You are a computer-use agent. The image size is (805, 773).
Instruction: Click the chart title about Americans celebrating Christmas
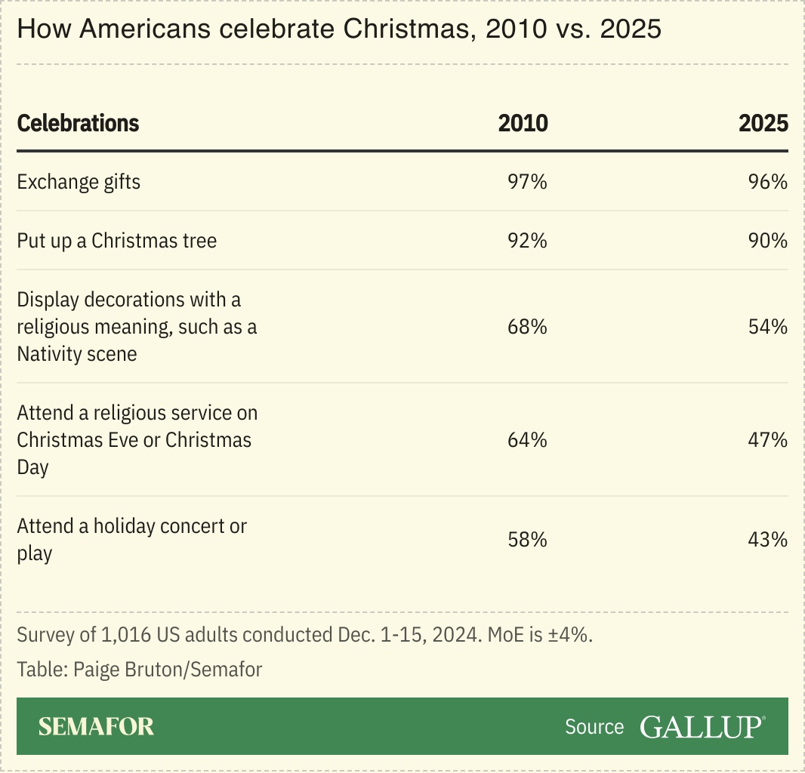[x=339, y=29]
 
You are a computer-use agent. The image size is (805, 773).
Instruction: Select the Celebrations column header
[x=78, y=123]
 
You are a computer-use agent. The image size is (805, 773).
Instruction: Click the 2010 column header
[x=523, y=123]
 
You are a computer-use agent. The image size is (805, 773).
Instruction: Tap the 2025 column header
[x=763, y=123]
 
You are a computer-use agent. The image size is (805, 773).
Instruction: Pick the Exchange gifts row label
[x=79, y=182]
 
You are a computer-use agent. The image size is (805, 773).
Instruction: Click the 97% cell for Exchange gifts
[x=527, y=182]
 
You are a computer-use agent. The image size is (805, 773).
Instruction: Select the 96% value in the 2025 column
[x=768, y=182]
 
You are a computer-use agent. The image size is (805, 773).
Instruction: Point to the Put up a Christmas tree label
[x=117, y=241]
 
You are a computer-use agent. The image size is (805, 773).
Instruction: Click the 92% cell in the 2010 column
[x=527, y=241]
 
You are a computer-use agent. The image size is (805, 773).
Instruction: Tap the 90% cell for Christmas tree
[x=768, y=241]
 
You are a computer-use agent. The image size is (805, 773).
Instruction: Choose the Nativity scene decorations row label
[x=137, y=327]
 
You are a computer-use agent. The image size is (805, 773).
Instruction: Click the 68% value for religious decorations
[x=527, y=327]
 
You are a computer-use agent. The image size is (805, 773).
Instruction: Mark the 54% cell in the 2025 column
[x=768, y=327]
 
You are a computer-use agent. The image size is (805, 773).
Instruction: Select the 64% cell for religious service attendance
[x=527, y=440]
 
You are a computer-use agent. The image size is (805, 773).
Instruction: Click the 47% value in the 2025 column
[x=768, y=440]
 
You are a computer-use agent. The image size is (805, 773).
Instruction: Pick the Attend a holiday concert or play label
[x=131, y=540]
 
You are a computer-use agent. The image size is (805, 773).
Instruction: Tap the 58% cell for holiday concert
[x=527, y=540]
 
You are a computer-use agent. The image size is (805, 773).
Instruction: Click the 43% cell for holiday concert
[x=768, y=540]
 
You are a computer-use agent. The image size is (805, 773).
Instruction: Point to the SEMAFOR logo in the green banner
[x=96, y=726]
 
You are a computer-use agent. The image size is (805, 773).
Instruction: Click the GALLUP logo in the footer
[x=702, y=726]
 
